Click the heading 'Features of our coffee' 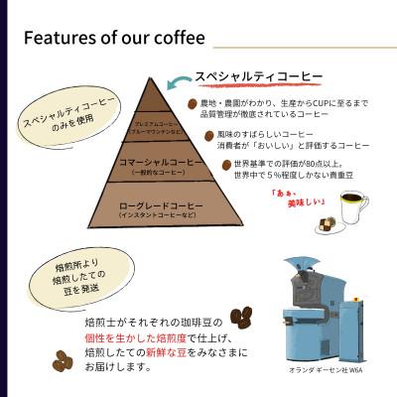pos(113,40)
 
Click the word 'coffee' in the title pos(179,40)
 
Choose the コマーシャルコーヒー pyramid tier pos(147,164)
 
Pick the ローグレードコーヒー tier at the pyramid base pos(147,209)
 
